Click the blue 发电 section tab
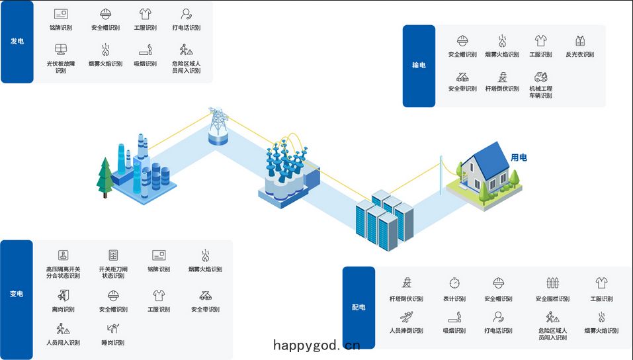tap(17, 42)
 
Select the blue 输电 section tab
tap(419, 66)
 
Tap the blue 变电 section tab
tap(17, 299)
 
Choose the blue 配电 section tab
tap(359, 308)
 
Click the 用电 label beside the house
tap(519, 157)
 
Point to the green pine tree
tap(105, 178)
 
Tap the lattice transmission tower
tap(218, 121)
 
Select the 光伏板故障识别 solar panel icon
tap(61, 49)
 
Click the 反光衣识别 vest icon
tap(579, 41)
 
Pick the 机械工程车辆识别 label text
tap(540, 92)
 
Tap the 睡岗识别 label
tap(112, 343)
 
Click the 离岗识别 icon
tap(63, 295)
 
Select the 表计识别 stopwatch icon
tap(454, 283)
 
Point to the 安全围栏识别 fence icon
tap(552, 283)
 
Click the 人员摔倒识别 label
tap(406, 330)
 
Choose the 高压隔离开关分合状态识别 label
tap(63, 273)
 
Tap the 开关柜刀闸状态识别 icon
tap(114, 255)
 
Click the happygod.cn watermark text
tap(316, 345)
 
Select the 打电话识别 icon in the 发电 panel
tap(186, 14)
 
